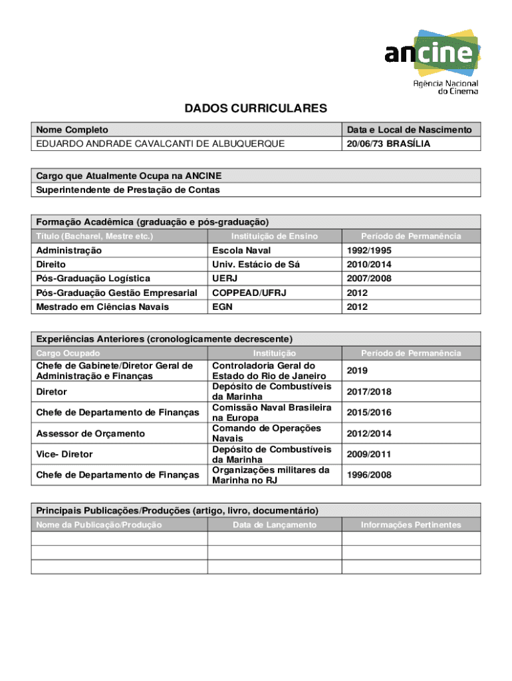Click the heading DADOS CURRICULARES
coord(256,108)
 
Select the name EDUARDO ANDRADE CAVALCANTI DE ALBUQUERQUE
coord(160,144)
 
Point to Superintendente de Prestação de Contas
coord(128,190)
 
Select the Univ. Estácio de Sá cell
coord(255,265)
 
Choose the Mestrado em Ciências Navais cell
coord(102,307)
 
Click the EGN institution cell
coord(222,307)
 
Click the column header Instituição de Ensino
coord(275,236)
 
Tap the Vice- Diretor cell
coord(64,454)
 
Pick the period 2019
coord(356,370)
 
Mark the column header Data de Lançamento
coord(275,525)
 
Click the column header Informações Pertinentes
coord(410,525)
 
